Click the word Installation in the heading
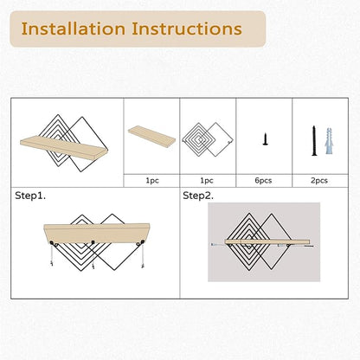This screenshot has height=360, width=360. tap(74, 29)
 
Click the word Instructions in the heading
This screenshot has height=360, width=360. tap(187, 29)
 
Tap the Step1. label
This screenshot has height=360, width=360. tap(30, 196)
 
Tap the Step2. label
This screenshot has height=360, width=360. tap(198, 196)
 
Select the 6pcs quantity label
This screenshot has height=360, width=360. tap(263, 181)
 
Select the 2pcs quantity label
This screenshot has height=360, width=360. tap(319, 181)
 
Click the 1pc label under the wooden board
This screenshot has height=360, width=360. tap(152, 181)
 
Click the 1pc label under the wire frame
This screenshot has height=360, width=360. tap(207, 181)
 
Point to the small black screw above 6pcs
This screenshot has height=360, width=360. tap(266, 138)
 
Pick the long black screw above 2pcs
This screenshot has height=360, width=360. tap(314, 141)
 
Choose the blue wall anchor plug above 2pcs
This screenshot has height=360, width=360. tap(330, 141)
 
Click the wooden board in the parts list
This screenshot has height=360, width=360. tap(151, 136)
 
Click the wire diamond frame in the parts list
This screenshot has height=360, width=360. tap(208, 140)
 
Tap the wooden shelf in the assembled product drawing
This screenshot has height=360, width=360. tap(63, 148)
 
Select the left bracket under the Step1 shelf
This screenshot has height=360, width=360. tap(53, 243)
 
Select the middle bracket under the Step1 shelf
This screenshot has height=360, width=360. tap(93, 242)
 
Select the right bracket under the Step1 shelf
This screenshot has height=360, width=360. tap(140, 243)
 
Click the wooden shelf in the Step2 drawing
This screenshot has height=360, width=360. tap(267, 241)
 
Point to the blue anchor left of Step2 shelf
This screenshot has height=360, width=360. tap(214, 244)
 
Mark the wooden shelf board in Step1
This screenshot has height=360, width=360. tap(97, 233)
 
